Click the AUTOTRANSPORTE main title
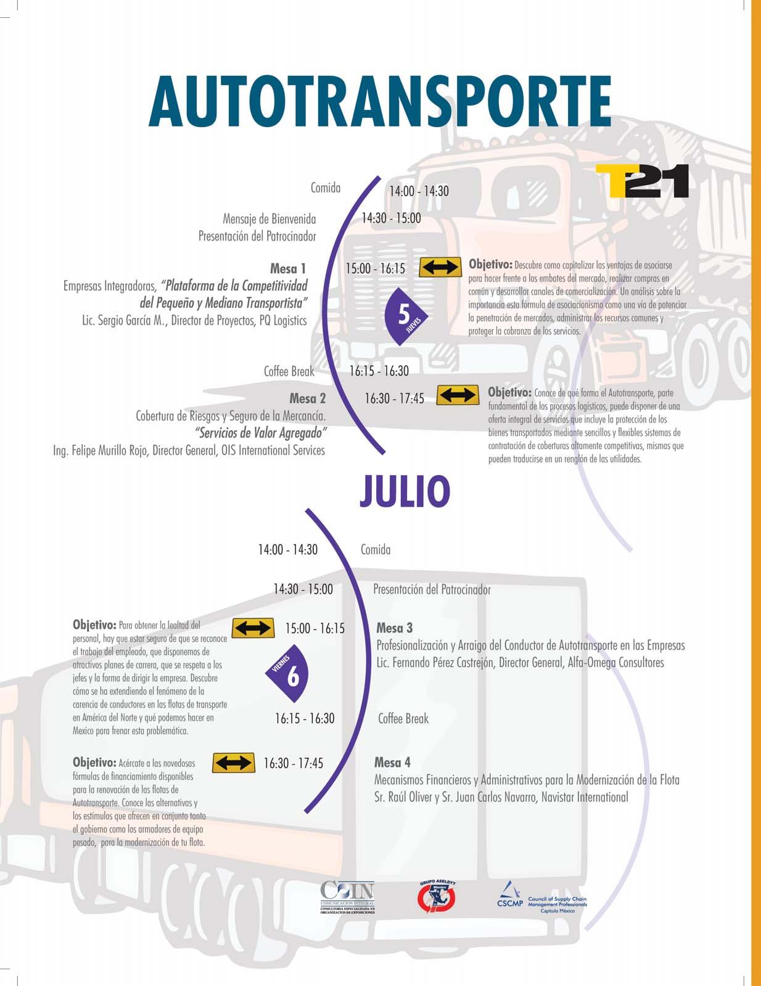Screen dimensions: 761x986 point(379,102)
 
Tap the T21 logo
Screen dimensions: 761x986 point(642,181)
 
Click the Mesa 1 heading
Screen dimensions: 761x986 point(288,268)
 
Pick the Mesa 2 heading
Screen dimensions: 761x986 point(307,399)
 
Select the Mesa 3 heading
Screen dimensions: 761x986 point(394,628)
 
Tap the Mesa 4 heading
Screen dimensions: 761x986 point(392,763)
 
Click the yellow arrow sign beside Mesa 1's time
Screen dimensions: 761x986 point(440,268)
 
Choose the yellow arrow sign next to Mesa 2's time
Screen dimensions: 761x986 point(458,396)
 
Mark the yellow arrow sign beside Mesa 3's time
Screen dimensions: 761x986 point(253,628)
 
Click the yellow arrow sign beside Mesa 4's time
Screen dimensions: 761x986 point(233,763)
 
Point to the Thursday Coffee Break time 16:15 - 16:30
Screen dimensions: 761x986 point(379,371)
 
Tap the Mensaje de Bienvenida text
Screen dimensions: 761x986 point(269,219)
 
